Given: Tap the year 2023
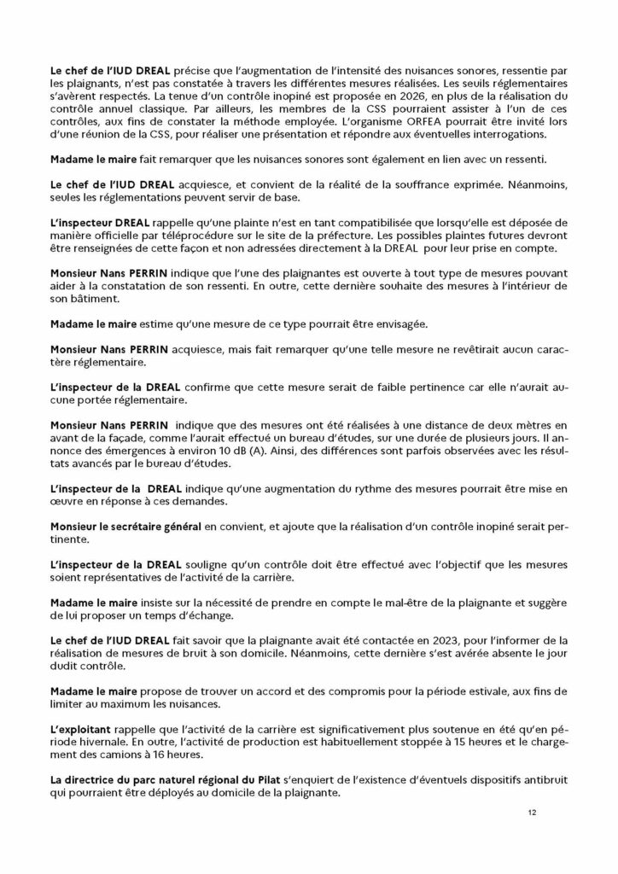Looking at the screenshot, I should point(394,639).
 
